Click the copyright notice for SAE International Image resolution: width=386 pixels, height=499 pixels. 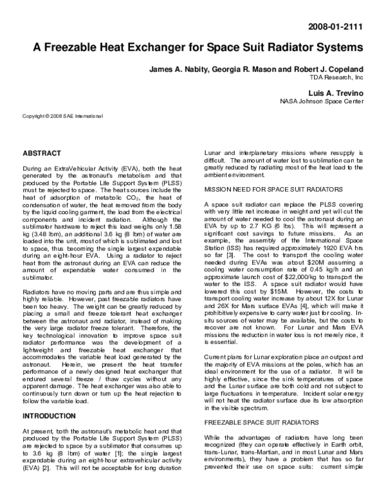pos(62,116)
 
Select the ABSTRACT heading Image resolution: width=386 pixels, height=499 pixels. pos(42,154)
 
